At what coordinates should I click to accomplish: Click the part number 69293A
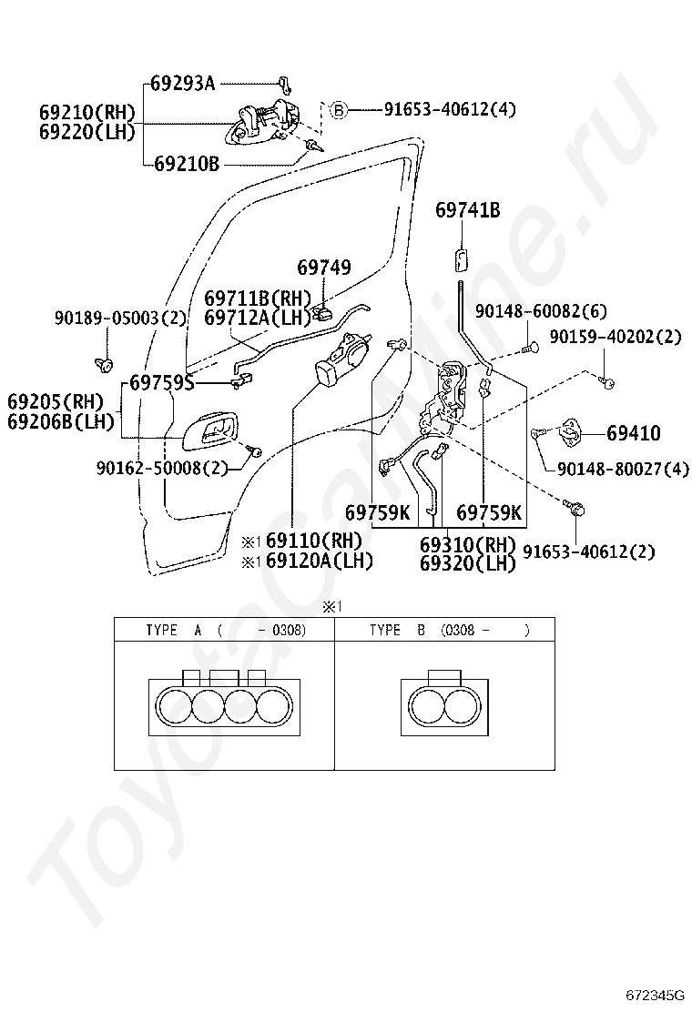click(183, 83)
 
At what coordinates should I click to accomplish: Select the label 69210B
click(187, 164)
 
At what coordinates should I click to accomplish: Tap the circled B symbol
click(339, 110)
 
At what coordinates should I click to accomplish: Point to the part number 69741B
click(467, 209)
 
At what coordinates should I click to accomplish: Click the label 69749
click(324, 268)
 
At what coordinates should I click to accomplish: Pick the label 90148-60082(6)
click(541, 311)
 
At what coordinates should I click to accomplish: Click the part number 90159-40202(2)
click(616, 336)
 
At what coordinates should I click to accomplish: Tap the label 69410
click(633, 433)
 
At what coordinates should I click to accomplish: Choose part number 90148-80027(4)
click(623, 469)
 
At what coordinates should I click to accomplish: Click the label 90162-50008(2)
click(163, 468)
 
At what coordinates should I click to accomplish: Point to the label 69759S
click(162, 383)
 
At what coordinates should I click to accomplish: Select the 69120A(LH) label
click(320, 561)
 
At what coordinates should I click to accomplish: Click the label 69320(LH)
click(468, 563)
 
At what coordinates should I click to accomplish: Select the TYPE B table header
click(450, 630)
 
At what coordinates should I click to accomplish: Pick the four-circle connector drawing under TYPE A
click(225, 703)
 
